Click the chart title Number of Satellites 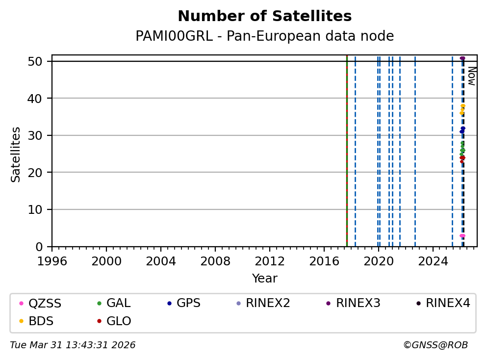[x=264, y=17]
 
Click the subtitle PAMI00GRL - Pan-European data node [x=264, y=36]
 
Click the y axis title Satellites [x=16, y=154]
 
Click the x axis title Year [x=264, y=279]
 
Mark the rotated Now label [x=471, y=76]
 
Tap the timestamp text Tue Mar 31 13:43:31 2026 [x=73, y=345]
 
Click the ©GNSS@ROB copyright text [x=435, y=345]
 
